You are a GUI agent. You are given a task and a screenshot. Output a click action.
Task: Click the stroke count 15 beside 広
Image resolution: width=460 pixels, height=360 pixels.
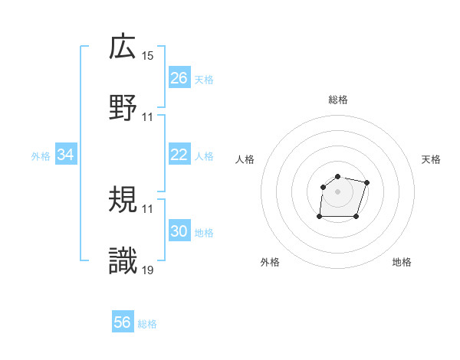point(148,56)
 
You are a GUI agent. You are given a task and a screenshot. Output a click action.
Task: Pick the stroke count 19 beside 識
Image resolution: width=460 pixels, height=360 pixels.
point(148,270)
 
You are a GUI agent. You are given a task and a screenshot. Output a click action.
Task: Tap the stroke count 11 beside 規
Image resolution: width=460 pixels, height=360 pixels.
point(148,209)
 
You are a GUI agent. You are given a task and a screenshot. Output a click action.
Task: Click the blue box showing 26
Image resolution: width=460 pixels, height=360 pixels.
point(179,78)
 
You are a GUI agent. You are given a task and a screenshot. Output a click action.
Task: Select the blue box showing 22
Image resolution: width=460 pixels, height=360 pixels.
point(179,155)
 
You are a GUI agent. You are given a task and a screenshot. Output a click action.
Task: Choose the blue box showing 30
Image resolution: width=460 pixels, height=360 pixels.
point(179,231)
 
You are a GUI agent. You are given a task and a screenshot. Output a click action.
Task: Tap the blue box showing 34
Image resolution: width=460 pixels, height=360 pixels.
point(66,155)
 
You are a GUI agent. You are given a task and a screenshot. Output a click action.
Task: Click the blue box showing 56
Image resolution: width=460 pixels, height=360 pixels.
point(123,322)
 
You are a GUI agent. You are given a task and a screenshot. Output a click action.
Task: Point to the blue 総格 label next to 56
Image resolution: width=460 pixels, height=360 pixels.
point(147,324)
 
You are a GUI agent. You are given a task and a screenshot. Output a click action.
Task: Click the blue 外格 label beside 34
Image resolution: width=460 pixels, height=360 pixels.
point(41,156)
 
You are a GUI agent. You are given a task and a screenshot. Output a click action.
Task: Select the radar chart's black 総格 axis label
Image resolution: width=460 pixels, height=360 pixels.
point(338,100)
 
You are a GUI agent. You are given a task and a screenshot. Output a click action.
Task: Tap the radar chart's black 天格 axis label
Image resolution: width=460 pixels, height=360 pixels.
point(432,159)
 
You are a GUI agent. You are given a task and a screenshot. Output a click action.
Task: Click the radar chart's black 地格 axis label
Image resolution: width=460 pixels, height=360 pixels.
point(402,262)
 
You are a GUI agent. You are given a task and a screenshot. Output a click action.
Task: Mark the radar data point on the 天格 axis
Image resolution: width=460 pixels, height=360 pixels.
point(366,182)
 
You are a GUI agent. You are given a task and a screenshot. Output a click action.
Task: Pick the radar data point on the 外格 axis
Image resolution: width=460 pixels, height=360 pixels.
point(320,217)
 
